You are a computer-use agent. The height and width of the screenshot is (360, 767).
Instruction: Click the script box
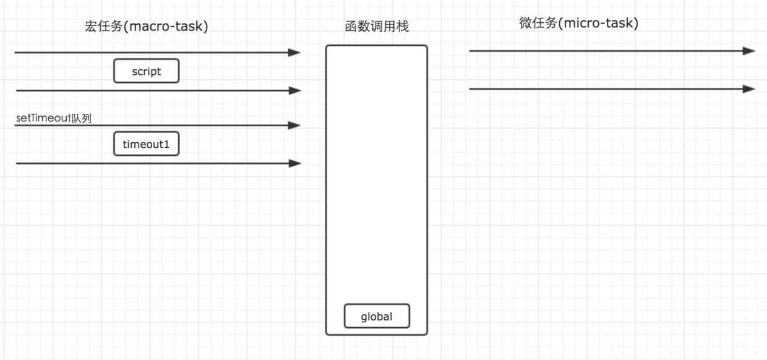pos(146,71)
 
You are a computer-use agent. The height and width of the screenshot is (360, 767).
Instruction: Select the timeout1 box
pos(146,145)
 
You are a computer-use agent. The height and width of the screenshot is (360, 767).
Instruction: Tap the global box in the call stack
pos(377,317)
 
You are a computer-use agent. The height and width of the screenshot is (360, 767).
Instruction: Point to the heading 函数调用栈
pos(377,27)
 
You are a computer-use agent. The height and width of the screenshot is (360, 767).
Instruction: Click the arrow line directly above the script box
pos(155,53)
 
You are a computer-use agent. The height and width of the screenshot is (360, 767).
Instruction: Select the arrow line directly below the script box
pos(155,90)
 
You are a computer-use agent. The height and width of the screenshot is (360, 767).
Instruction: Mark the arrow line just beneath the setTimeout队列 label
pos(155,126)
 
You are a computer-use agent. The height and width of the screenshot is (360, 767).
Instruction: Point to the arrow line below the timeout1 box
pos(155,163)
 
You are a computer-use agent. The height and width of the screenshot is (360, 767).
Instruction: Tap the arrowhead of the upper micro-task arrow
pos(749,51)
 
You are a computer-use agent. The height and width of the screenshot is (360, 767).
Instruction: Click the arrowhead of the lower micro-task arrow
pos(749,89)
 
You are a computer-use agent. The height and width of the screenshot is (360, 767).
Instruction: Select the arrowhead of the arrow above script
pos(295,53)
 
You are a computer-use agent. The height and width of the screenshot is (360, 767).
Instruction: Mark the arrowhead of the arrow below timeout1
pos(295,163)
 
